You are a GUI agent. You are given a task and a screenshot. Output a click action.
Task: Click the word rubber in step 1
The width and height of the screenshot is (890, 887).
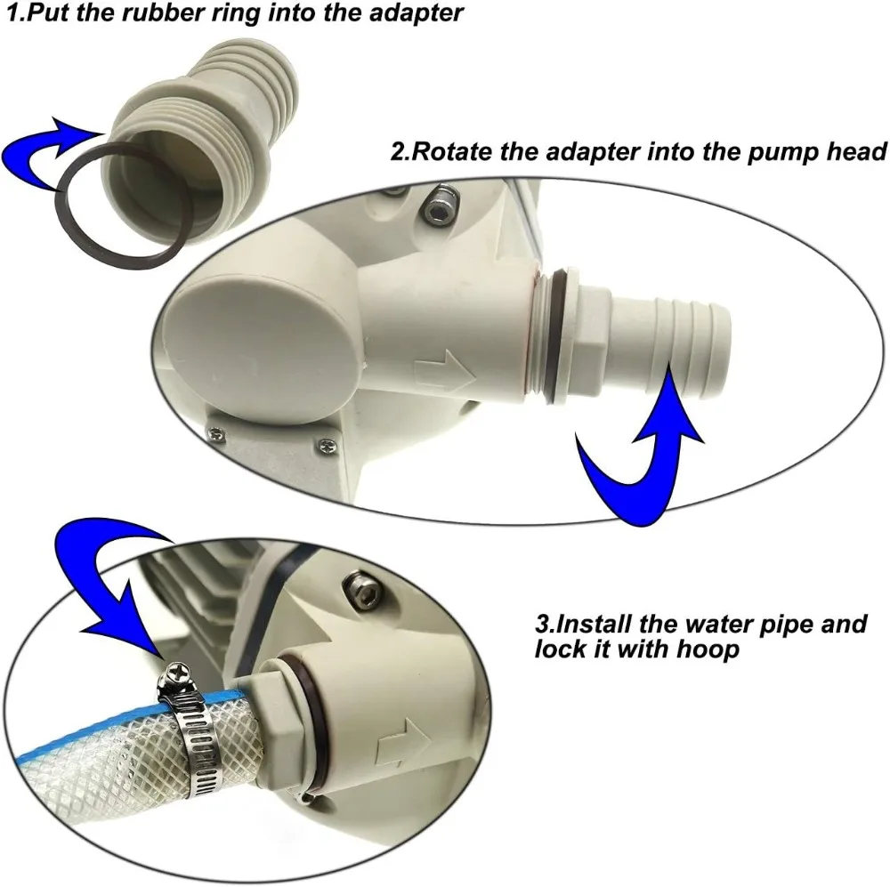(x=141, y=14)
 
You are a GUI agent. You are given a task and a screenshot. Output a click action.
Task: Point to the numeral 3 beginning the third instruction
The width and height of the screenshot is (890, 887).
(x=541, y=623)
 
